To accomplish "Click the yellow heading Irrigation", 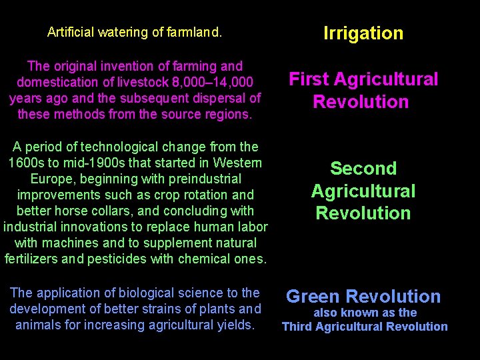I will pyautogui.click(x=363, y=33).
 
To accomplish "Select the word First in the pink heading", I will pyautogui.click(x=311, y=79).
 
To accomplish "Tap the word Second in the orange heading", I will pyautogui.click(x=363, y=169).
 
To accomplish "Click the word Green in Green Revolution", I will pyautogui.click(x=313, y=297).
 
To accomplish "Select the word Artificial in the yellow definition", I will pyautogui.click(x=71, y=32).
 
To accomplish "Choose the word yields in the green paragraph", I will pyautogui.click(x=235, y=325).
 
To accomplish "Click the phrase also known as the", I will pyautogui.click(x=365, y=313).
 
